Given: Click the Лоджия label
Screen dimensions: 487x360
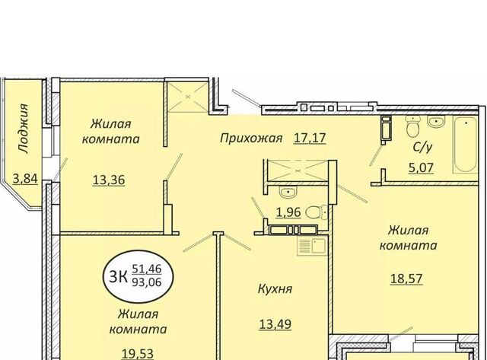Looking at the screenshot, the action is click(x=24, y=129).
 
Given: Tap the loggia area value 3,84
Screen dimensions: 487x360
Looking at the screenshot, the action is click(x=25, y=179).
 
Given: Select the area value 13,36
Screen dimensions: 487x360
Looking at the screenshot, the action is click(x=109, y=180).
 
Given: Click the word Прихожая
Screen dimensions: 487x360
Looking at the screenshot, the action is click(x=251, y=138).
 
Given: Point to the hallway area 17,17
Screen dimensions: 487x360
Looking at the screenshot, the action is click(x=310, y=138).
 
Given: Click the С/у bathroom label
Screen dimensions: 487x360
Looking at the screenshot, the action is click(x=422, y=147).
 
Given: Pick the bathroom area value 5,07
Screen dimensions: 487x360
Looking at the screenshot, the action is click(x=421, y=168).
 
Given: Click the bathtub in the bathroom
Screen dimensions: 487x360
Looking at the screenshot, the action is click(x=464, y=145).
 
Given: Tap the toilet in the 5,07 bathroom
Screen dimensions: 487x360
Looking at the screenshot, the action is click(x=413, y=127).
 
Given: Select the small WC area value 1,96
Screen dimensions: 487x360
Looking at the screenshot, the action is click(x=288, y=212).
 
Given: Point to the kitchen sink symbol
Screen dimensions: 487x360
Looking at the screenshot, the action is click(x=311, y=246).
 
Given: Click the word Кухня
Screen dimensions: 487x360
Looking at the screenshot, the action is click(x=275, y=289).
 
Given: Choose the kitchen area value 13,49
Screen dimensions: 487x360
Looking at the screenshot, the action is click(x=275, y=324).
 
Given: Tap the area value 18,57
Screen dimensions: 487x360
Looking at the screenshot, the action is click(x=406, y=279).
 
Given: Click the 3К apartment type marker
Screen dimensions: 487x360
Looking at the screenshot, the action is click(x=118, y=277).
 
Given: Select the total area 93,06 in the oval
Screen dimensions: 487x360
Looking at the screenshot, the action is click(x=147, y=282).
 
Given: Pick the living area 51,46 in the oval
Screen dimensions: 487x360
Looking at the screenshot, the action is click(x=147, y=269).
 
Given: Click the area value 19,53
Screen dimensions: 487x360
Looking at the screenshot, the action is click(x=138, y=354).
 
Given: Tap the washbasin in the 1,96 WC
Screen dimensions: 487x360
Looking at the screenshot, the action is click(x=288, y=193).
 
